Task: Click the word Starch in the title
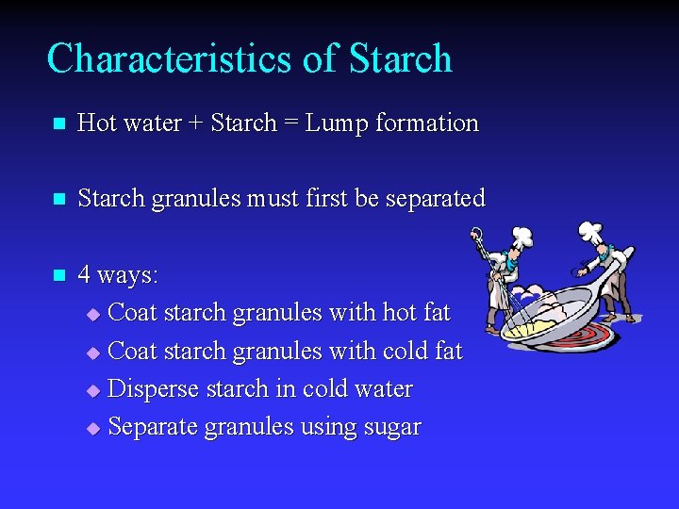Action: pos(400,58)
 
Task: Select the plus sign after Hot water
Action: pos(196,123)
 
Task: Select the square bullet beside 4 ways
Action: pos(58,276)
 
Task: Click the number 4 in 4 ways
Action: pos(85,275)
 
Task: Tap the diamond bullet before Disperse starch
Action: pos(92,390)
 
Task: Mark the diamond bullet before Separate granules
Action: pos(92,429)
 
